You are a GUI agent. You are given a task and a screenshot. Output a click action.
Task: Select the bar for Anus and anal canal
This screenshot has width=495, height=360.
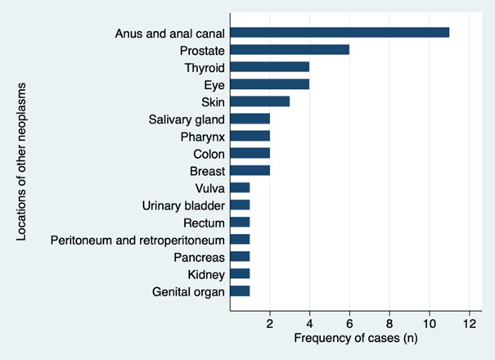coord(340,33)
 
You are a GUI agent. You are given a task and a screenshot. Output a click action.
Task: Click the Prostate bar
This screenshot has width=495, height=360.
coord(290,50)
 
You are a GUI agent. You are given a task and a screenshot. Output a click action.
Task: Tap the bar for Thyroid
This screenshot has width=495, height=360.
coord(270,67)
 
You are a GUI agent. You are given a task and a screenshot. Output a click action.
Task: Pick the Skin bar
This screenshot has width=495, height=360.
coord(260,101)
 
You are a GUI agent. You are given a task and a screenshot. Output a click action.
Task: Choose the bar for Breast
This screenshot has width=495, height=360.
coord(250,170)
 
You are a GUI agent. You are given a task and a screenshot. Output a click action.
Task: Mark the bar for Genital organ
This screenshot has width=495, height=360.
coord(241,290)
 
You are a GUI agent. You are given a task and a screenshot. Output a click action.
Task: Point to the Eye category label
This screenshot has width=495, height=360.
coord(215,84)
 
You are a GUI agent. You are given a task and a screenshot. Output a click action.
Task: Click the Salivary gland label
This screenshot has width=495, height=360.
coord(189,119)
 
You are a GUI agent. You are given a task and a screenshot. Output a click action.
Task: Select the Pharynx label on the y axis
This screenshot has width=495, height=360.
coord(203,136)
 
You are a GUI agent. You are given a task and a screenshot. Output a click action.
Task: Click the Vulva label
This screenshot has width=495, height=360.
coord(209,187)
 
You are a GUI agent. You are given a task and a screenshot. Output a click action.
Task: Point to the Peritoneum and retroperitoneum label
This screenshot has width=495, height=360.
coord(137,239)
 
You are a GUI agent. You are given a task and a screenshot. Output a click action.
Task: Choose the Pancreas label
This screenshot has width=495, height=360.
coord(200,256)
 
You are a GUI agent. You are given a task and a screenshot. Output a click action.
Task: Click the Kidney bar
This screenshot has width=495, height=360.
coord(241,273)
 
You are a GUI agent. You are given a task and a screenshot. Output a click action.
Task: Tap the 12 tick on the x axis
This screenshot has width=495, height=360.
coord(470,323)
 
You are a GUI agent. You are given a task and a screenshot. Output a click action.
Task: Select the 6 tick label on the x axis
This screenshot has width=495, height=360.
coord(349,323)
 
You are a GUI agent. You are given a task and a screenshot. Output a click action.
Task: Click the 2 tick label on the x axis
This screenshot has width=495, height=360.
coord(270,323)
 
